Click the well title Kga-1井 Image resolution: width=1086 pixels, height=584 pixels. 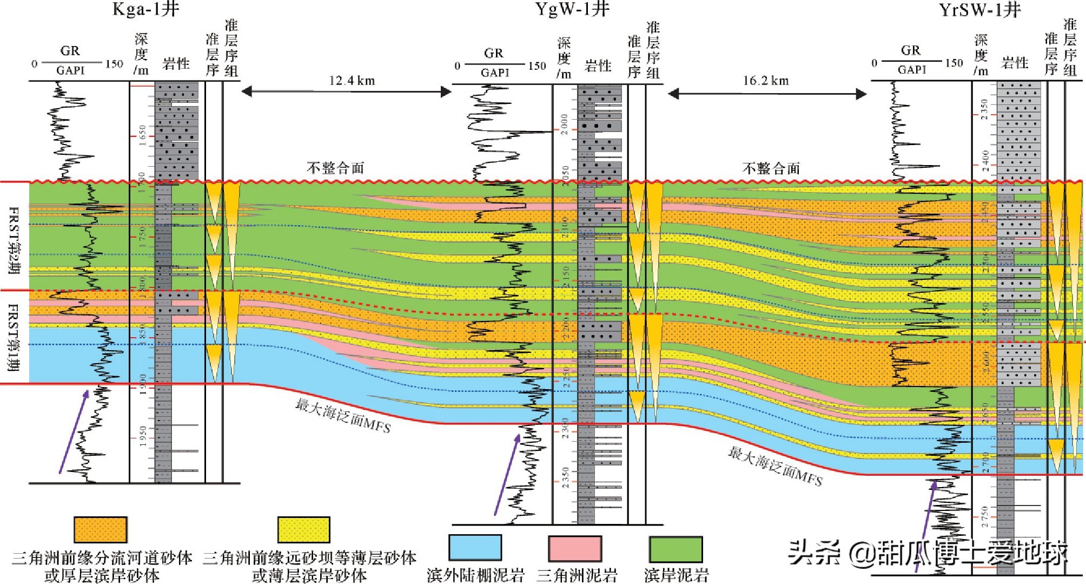pos(145,9)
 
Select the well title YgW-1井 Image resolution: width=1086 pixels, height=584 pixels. pos(572,9)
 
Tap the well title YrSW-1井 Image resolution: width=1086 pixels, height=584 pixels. pos(979,10)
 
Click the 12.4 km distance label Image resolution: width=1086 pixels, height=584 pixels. pos(352,81)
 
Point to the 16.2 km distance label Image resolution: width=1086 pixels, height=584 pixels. pos(766,81)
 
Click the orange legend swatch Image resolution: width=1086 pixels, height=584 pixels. pos(100,529)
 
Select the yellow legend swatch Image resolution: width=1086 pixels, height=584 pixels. pos(303,529)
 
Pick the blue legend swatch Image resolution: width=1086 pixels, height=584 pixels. pos(475,548)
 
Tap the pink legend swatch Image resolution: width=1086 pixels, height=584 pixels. pos(574,548)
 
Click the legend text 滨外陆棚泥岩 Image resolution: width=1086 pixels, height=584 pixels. pos(475,575)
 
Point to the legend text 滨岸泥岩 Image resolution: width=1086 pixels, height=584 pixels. pos(676,575)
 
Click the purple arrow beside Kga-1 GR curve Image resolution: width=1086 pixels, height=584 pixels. pos(74,431)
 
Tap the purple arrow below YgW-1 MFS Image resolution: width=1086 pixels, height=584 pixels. pos(507,475)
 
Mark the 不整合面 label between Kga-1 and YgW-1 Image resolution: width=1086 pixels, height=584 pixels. pos(335,168)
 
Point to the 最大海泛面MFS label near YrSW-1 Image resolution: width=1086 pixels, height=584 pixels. pos(775,466)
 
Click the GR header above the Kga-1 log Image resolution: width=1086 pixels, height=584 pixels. pos(70,51)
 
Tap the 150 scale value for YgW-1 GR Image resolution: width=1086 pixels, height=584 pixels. pos(537,66)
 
